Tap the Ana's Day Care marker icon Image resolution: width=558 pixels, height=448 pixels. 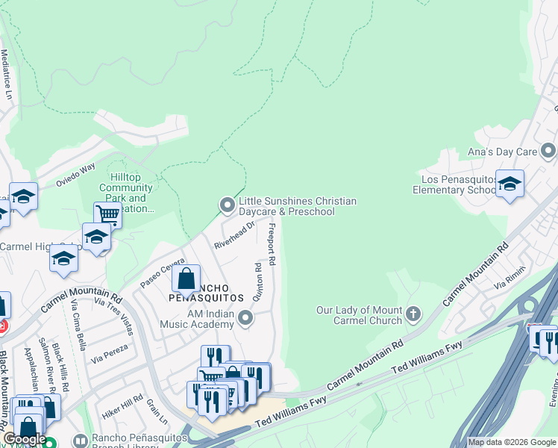548,152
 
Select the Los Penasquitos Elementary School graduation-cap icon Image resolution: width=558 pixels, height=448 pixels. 510,184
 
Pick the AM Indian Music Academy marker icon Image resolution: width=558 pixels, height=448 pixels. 245,320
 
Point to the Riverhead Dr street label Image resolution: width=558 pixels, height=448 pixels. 234,234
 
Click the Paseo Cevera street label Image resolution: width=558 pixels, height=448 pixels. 162,273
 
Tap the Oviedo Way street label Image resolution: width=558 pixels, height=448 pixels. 77,175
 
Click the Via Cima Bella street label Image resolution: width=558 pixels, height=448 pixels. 78,325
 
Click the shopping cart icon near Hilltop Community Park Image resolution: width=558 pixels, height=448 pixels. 108,215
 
